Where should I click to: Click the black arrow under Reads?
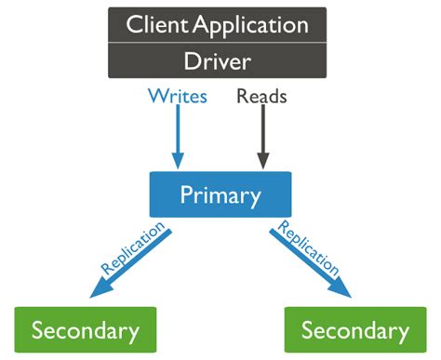pos(263,135)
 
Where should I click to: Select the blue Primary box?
pos(221,195)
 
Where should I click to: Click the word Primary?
pos(221,195)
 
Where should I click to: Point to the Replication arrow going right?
pos(307,260)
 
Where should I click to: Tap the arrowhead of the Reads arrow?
pos(263,159)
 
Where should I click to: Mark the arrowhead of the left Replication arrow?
pos(100,290)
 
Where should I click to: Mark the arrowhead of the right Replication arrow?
pos(343,290)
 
